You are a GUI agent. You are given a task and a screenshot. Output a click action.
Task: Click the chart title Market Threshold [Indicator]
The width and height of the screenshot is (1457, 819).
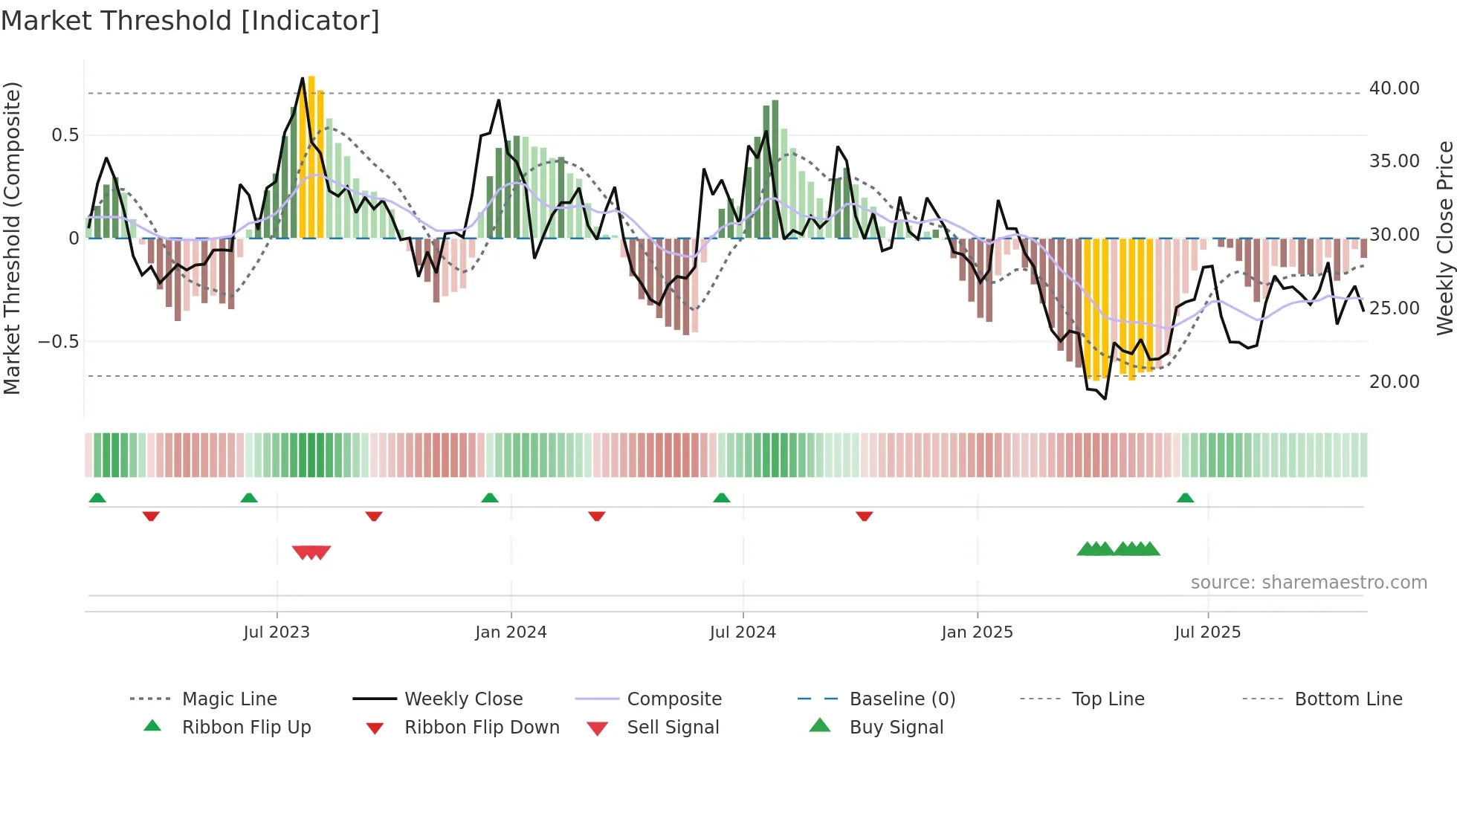190,21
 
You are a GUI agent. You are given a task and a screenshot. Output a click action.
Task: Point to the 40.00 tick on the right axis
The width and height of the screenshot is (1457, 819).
1394,88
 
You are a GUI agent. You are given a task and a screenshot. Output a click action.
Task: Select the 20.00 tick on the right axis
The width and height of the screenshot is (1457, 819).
1394,382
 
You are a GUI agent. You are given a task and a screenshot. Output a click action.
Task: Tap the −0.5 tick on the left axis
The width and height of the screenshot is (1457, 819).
58,342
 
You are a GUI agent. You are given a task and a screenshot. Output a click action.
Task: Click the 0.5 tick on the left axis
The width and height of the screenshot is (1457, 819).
65,135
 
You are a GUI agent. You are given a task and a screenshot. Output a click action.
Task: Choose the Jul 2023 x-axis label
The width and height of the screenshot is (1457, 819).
277,632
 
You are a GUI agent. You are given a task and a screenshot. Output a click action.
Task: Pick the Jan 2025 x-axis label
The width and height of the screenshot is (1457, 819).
977,632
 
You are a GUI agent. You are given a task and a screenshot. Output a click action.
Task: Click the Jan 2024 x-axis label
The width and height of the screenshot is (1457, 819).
511,632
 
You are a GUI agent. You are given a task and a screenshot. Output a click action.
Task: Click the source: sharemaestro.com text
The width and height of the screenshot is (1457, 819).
1308,583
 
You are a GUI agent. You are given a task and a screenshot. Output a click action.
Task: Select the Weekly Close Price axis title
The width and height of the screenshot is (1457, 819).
1444,238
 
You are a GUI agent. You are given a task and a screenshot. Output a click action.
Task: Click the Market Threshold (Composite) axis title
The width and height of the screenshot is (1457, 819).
12,238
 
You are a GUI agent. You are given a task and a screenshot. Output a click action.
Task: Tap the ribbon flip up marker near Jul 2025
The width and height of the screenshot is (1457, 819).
1185,498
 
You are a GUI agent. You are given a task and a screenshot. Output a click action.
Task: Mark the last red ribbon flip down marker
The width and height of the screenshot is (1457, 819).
864,516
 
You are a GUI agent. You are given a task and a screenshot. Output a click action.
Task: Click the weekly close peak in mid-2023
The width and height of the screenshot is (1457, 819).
303,78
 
